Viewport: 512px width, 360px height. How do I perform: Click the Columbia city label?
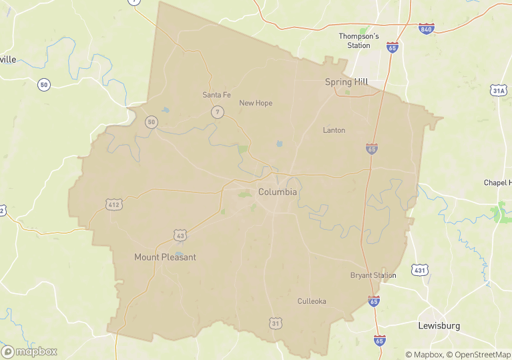(x=277, y=192)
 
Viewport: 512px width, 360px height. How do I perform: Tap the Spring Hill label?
(x=346, y=81)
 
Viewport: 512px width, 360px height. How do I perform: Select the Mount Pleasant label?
(x=165, y=257)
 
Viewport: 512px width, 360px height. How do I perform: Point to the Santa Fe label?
(x=216, y=95)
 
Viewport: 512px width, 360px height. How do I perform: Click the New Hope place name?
(x=256, y=103)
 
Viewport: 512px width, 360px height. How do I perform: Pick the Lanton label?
(x=334, y=130)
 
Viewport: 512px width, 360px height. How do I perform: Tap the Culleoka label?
(x=312, y=301)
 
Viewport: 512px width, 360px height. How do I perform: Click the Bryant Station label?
(x=373, y=275)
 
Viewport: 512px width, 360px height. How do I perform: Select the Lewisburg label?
(x=439, y=326)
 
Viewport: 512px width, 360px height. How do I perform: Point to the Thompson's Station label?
(x=358, y=41)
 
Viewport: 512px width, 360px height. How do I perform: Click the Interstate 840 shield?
(x=427, y=29)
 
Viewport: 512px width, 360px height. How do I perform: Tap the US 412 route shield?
(x=113, y=204)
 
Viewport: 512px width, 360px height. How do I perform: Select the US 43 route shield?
(x=180, y=235)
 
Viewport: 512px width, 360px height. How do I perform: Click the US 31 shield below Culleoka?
(x=276, y=324)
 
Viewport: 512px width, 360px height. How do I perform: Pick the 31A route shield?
(x=498, y=90)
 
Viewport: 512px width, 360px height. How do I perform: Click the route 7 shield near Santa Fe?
(x=218, y=112)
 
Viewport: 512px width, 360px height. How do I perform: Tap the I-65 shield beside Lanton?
(x=372, y=148)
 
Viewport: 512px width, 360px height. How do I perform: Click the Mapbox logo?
(x=29, y=351)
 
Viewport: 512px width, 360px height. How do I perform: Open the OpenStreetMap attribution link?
(x=478, y=355)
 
